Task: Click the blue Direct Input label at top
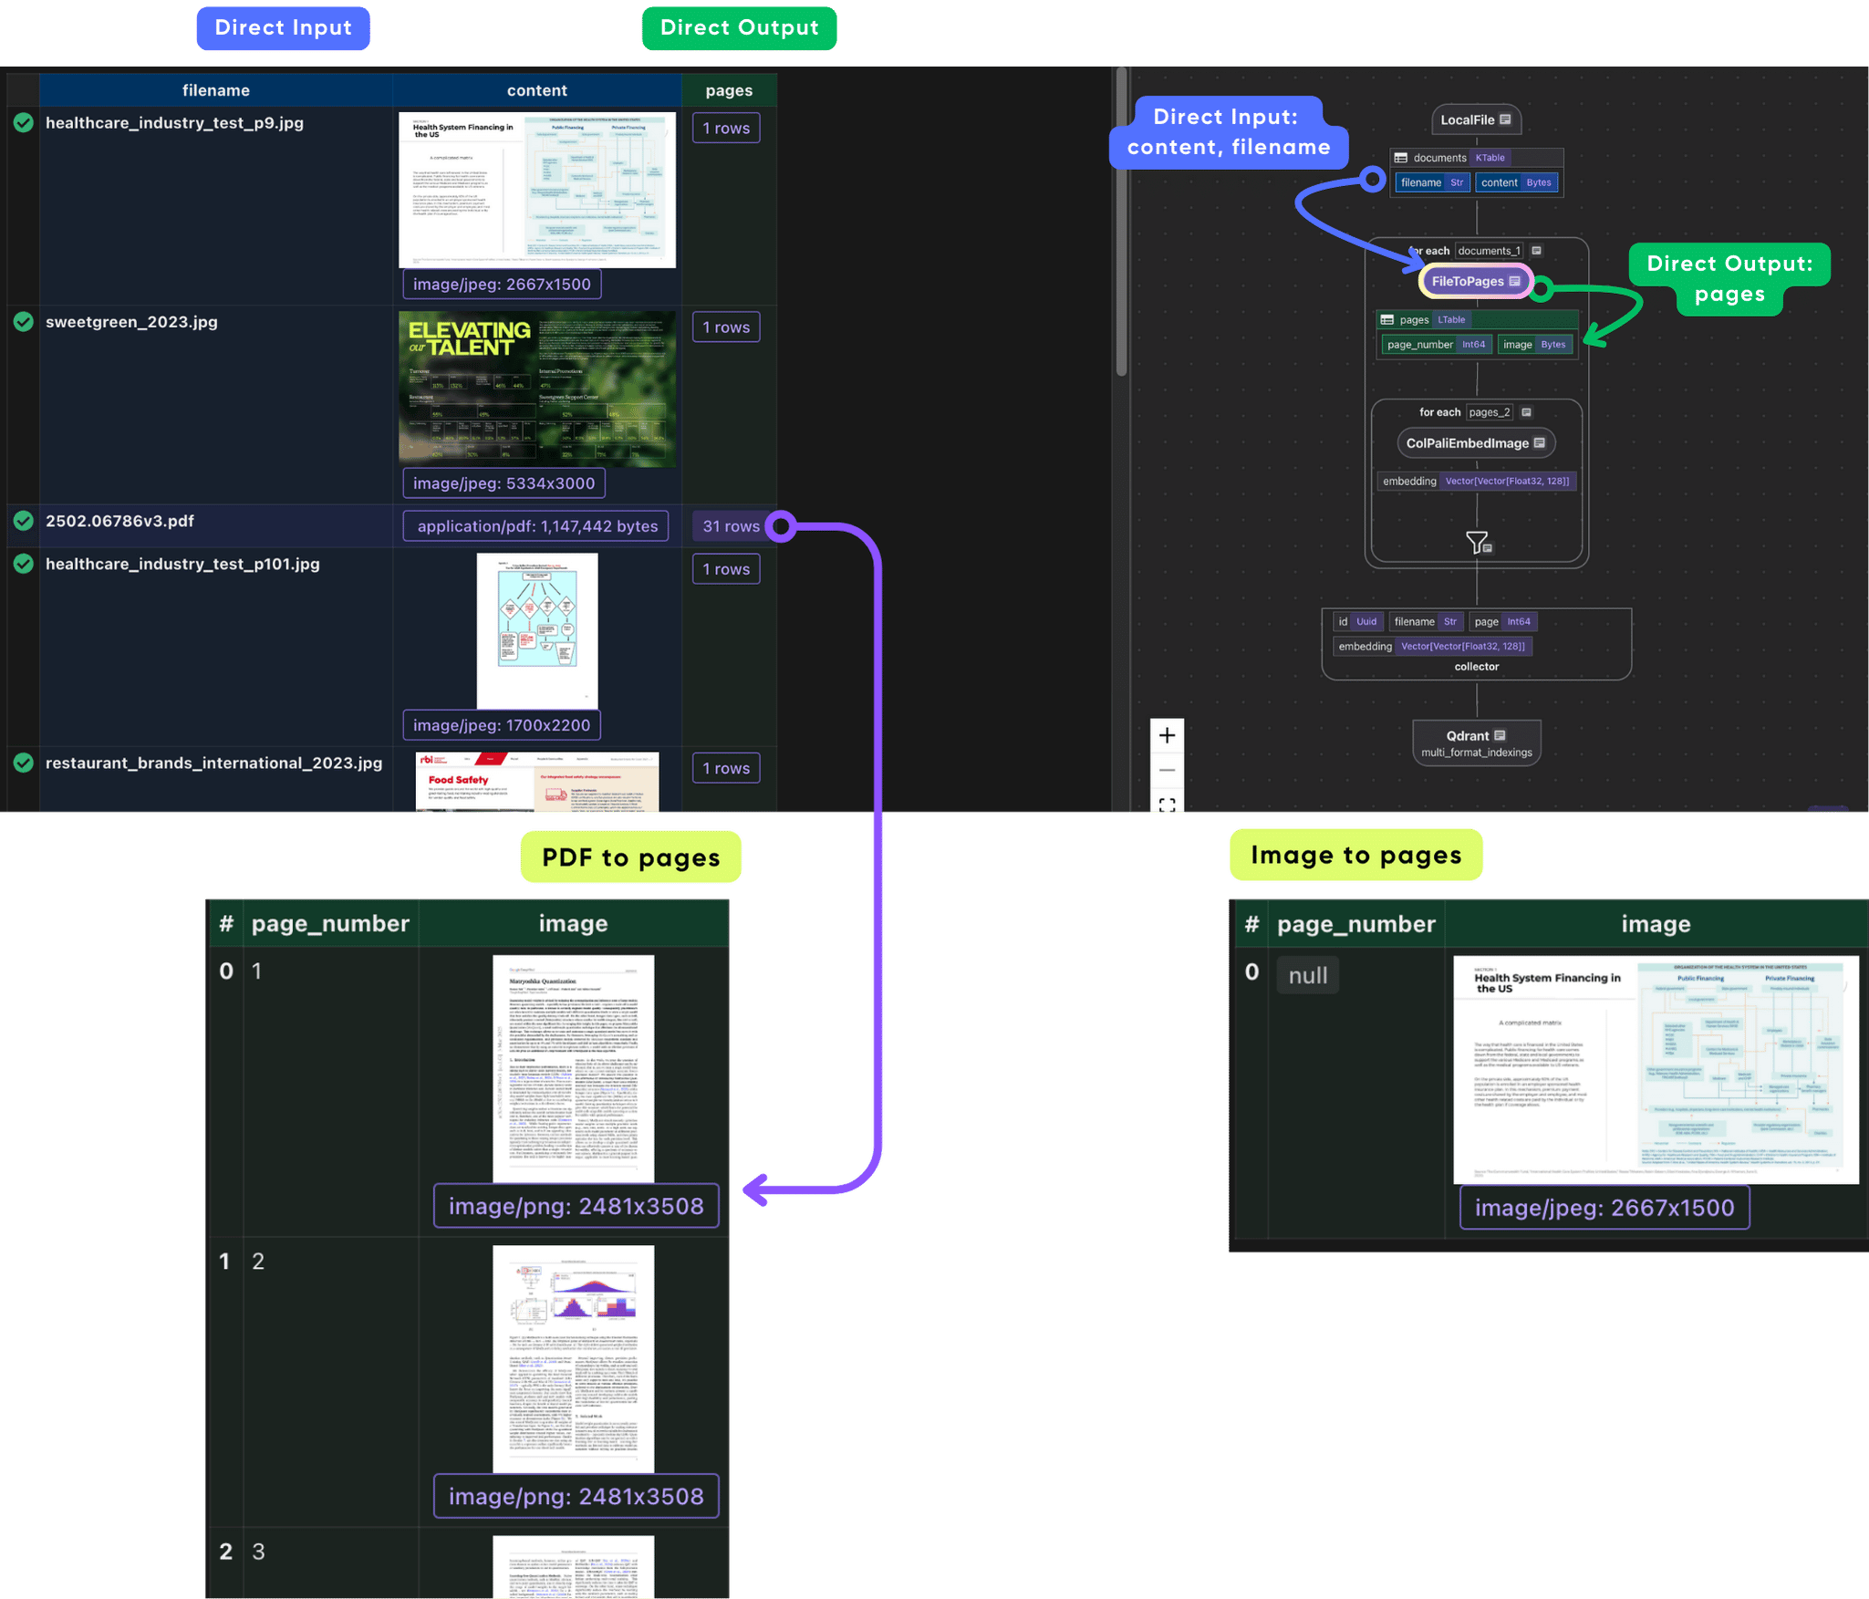283,28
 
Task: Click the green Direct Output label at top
739,28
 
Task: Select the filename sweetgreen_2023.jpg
131,322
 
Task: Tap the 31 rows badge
730,526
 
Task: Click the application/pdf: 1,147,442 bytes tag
536,526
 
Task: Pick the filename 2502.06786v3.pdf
119,521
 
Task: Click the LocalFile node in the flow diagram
1475,119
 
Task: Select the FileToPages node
1474,281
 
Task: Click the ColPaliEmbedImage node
1475,443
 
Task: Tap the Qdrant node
1476,742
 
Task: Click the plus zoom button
1167,735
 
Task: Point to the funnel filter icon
1477,543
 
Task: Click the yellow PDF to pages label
630,857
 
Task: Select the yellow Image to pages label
1355,855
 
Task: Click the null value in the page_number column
1307,975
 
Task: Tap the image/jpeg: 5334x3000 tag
504,483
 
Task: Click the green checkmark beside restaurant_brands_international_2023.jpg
24,763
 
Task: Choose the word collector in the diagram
1476,667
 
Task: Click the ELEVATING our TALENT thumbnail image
537,389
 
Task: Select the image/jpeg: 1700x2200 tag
501,725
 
